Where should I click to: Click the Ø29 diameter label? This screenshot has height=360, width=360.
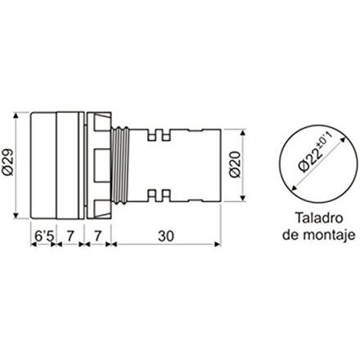[8, 164]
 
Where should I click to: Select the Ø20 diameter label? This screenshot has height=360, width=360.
[235, 164]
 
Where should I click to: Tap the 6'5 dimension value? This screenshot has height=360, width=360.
[43, 236]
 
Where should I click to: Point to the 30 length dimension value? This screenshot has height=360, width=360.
[166, 236]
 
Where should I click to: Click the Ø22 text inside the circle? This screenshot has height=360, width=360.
[310, 160]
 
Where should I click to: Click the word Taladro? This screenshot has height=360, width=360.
[319, 218]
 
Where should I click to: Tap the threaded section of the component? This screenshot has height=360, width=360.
[120, 165]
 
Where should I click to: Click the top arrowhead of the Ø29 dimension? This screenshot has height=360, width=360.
[16, 115]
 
